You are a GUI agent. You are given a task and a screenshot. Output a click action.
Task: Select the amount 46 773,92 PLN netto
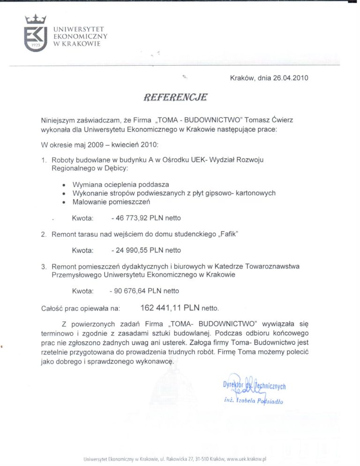point(146,218)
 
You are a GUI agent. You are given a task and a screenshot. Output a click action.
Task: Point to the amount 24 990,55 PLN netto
point(146,250)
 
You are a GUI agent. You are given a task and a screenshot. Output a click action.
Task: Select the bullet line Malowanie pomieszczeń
point(111,202)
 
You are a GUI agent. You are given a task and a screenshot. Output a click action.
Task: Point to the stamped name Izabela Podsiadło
point(254,401)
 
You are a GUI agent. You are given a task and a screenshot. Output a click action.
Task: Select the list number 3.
point(43,267)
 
